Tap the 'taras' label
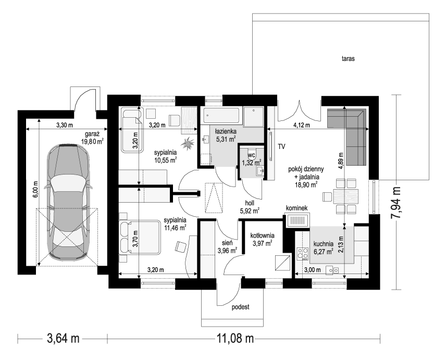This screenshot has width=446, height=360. [x=348, y=59]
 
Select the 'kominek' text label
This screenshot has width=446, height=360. [x=296, y=208]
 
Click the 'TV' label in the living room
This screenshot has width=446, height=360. [x=281, y=147]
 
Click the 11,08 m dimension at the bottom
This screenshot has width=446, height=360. [x=235, y=339]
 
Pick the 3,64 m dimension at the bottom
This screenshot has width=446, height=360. [x=63, y=339]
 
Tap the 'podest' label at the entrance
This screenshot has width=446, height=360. [x=240, y=307]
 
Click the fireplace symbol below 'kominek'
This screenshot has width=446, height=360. [x=298, y=220]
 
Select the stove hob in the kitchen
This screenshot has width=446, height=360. [x=303, y=254]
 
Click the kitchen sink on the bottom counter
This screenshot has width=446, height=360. [x=332, y=270]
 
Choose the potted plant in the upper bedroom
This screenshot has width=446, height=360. [x=188, y=142]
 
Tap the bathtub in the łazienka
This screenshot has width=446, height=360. [x=221, y=116]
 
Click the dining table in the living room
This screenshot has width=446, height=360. [x=346, y=196]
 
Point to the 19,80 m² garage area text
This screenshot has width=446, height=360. [x=92, y=141]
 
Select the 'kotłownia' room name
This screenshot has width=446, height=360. [x=262, y=235]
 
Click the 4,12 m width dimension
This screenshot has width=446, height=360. [x=302, y=125]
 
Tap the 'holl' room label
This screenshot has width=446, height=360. [x=250, y=203]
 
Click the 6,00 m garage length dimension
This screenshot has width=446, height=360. [x=35, y=189]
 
